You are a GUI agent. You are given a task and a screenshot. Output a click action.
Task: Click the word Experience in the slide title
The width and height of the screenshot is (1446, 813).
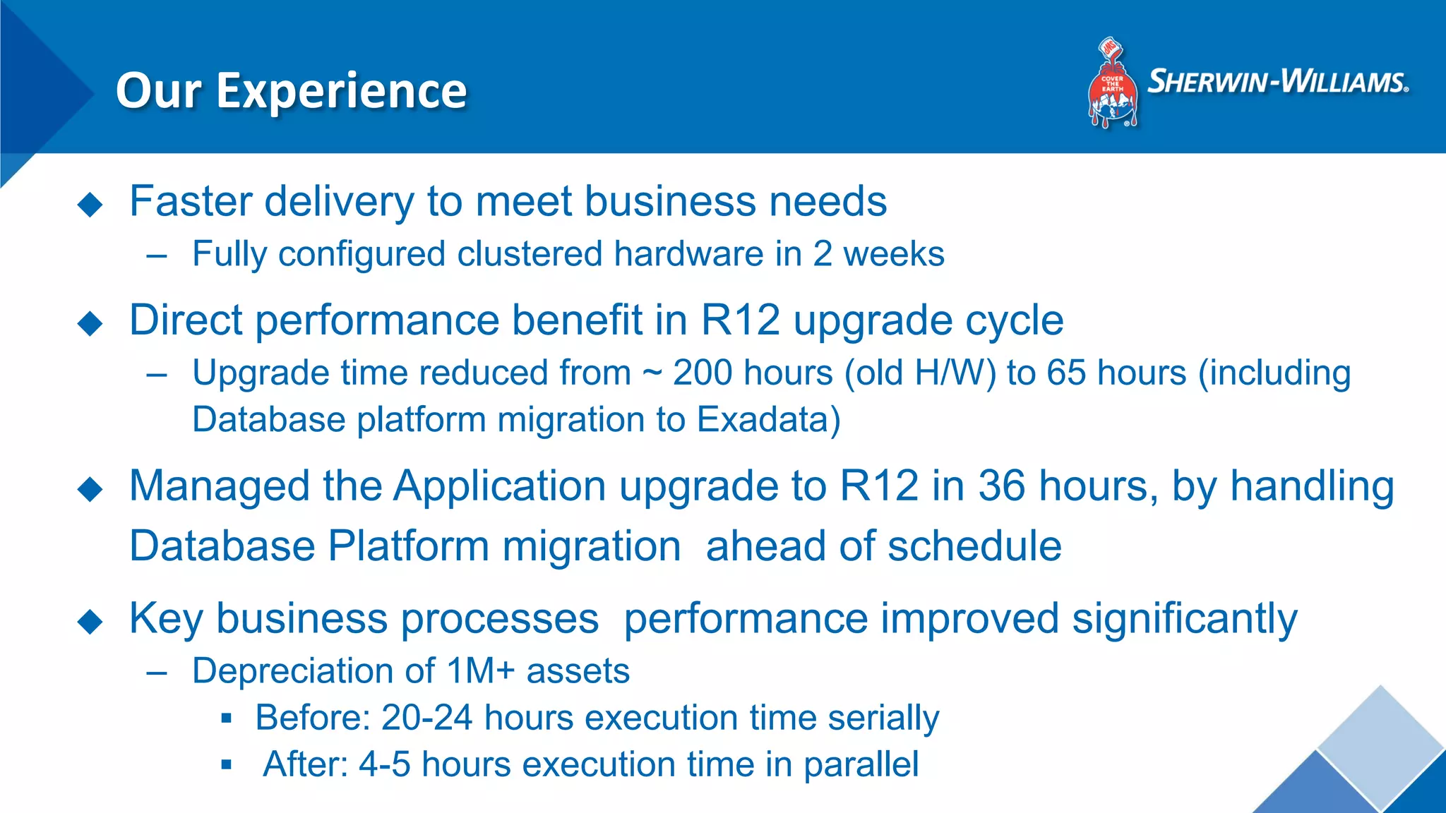(x=341, y=92)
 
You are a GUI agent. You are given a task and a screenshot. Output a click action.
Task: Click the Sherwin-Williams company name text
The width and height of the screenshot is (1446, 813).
(x=1277, y=83)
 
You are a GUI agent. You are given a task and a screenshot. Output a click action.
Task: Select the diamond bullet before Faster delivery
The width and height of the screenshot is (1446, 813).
(x=90, y=205)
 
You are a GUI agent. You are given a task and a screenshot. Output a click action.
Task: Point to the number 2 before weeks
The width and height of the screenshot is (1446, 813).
(x=823, y=254)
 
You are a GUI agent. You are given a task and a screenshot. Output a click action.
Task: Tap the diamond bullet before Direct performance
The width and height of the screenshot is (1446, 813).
(x=90, y=323)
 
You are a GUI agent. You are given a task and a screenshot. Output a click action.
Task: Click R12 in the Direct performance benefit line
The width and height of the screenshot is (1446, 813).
(x=740, y=320)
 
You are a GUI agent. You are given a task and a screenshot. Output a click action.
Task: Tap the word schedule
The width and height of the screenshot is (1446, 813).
(x=974, y=546)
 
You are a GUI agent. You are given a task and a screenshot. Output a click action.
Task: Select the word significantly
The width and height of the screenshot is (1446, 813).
(x=1184, y=620)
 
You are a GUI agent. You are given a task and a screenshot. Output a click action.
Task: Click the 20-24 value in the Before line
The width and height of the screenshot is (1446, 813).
(x=426, y=718)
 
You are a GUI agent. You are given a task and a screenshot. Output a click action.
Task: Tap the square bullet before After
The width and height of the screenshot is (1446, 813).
(x=226, y=764)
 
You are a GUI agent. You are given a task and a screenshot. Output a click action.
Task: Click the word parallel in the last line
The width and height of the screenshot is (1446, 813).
(x=861, y=764)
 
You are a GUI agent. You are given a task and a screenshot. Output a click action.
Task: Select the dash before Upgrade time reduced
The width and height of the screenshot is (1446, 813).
(x=157, y=374)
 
